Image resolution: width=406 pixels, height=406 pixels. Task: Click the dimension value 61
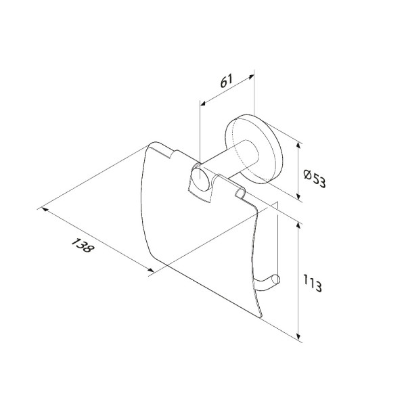pos(227,81)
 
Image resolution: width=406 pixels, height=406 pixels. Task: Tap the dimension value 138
pos(82,245)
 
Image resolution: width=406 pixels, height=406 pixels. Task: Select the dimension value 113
pos(313,284)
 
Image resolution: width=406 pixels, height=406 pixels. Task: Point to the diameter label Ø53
pos(315,178)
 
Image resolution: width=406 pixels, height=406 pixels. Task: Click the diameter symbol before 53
pos(308,175)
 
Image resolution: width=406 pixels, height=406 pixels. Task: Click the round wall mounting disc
pos(254,149)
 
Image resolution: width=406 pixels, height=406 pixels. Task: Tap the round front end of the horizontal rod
pos(201,179)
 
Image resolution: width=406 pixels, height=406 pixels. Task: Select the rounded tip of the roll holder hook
pos(277,279)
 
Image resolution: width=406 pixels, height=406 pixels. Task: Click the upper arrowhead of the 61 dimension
pos(251,76)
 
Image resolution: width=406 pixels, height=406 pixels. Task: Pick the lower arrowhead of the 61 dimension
pos(203,103)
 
